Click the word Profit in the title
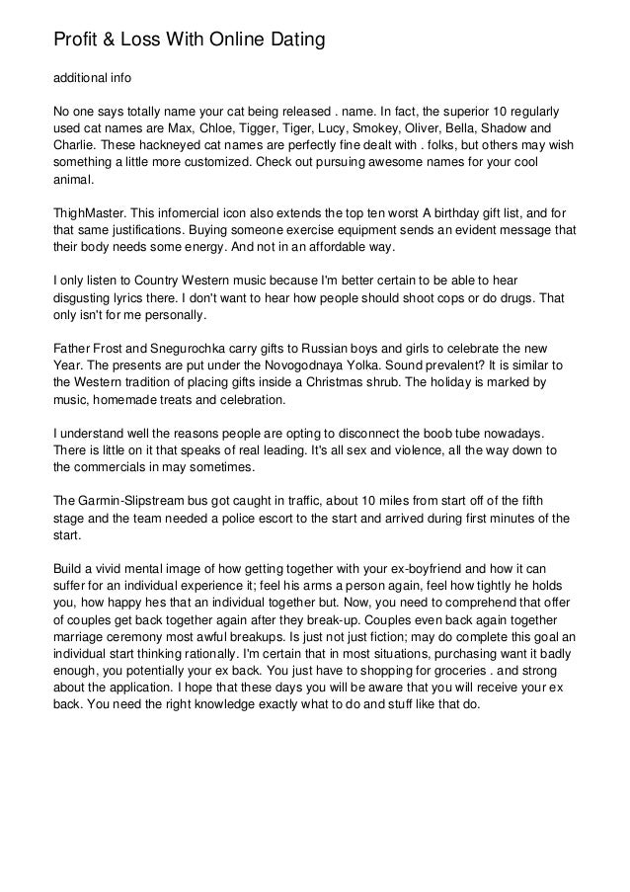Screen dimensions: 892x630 (x=76, y=41)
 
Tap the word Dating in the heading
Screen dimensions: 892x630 (x=292, y=41)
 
